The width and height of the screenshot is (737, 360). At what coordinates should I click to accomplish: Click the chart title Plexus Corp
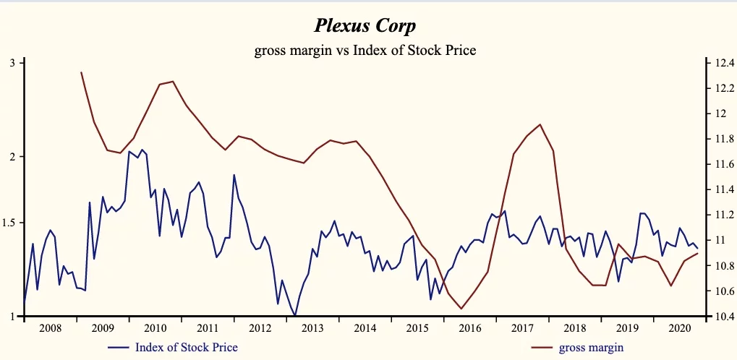pyautogui.click(x=365, y=27)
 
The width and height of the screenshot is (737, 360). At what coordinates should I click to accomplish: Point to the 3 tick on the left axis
pyautogui.click(x=12, y=63)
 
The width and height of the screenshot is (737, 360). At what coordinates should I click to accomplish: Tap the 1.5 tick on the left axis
pyautogui.click(x=9, y=223)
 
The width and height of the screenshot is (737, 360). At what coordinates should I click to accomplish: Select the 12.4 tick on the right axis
pyautogui.click(x=723, y=63)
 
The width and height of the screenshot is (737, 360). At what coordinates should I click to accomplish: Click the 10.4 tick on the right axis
pyautogui.click(x=723, y=317)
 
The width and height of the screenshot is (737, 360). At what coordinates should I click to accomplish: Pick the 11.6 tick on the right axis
pyautogui.click(x=723, y=164)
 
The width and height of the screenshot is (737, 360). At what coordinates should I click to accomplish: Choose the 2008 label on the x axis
pyautogui.click(x=49, y=329)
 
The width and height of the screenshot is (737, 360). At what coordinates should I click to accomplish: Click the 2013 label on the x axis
pyautogui.click(x=312, y=329)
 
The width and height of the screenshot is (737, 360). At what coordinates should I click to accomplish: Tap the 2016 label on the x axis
pyautogui.click(x=469, y=329)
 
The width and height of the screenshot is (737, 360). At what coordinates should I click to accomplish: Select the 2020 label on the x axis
pyautogui.click(x=679, y=329)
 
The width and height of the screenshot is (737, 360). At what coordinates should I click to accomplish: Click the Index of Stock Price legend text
pyautogui.click(x=187, y=348)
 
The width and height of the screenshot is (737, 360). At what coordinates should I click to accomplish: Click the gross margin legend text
pyautogui.click(x=591, y=348)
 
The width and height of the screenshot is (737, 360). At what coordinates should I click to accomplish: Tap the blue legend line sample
pyautogui.click(x=119, y=348)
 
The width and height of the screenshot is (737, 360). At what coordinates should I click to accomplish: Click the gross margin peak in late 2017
pyautogui.click(x=540, y=124)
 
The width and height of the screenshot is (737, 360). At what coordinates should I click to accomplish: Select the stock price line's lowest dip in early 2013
pyautogui.click(x=295, y=315)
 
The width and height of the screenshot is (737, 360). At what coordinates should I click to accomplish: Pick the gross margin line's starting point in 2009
pyautogui.click(x=81, y=72)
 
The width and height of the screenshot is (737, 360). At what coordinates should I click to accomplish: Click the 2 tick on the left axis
pyautogui.click(x=12, y=156)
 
